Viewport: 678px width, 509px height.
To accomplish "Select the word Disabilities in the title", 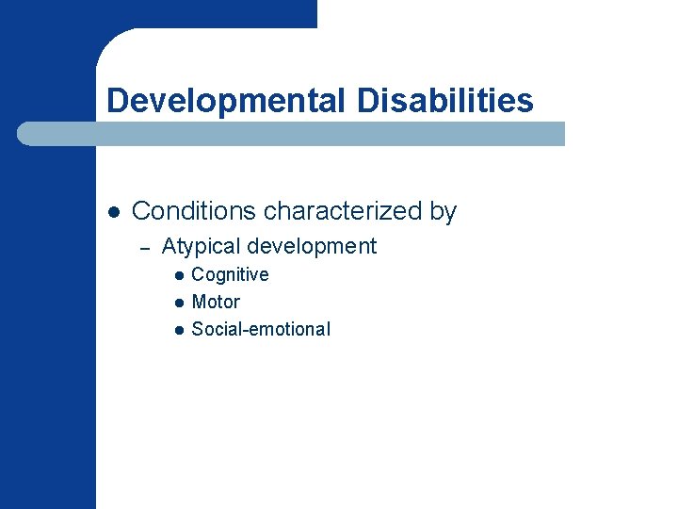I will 444,100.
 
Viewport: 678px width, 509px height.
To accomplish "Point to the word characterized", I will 344,211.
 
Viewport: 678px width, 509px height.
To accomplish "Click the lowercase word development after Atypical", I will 312,247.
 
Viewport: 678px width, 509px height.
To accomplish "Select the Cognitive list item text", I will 230,274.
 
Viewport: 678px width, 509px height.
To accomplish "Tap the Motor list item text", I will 216,302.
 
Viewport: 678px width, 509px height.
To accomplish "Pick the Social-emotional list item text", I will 261,329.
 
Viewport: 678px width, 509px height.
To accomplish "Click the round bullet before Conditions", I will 112,212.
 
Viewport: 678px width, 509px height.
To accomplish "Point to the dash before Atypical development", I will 144,248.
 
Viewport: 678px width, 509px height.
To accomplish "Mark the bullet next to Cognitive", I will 177,275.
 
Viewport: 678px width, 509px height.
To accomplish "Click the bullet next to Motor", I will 177,303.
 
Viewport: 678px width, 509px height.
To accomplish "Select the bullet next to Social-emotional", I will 177,330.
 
